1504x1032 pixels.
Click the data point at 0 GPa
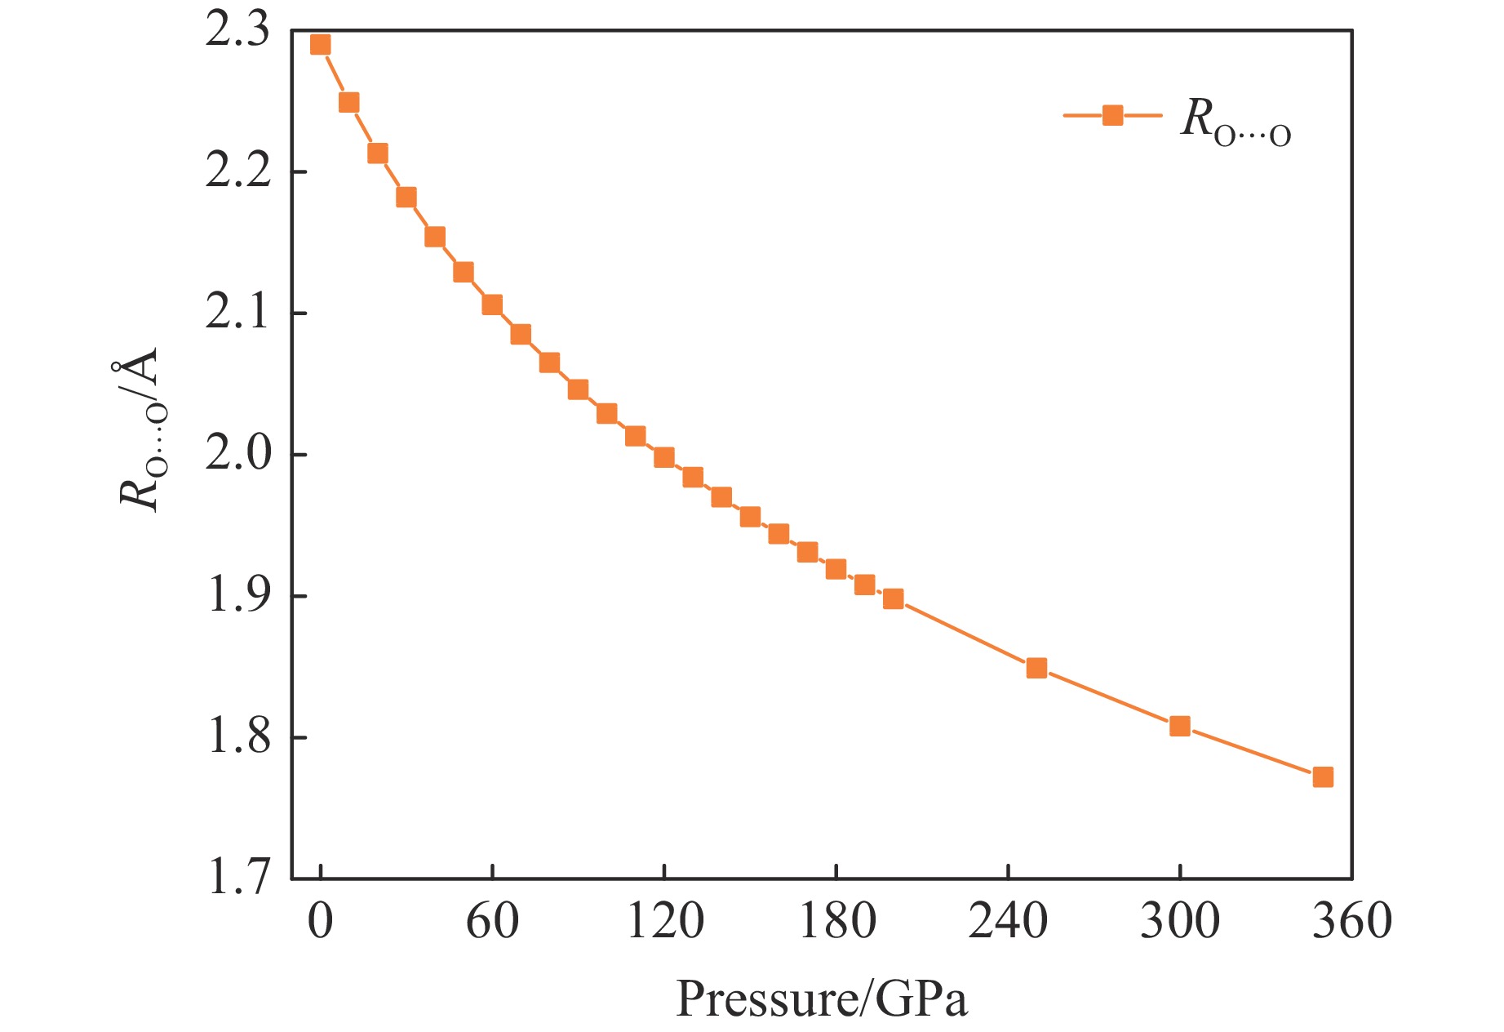pos(321,45)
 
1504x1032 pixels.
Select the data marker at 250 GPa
pos(1036,668)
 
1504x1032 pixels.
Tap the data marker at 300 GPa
pos(1179,726)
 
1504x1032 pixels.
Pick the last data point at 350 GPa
pos(1323,776)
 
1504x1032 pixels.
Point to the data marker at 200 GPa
pos(894,598)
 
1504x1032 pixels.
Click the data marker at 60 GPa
pos(492,305)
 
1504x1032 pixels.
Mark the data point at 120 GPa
pos(664,457)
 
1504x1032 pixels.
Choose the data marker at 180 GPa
pos(836,569)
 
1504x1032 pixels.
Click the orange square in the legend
pos(1112,115)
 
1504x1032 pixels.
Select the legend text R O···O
pos(1236,120)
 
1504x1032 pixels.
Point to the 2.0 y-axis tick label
pos(237,454)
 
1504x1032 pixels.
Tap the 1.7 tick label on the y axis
pos(237,879)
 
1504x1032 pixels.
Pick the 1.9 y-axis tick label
pos(237,595)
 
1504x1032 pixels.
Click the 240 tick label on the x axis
pos(1008,922)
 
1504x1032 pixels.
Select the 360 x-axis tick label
pos(1351,922)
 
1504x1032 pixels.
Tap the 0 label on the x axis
pos(321,922)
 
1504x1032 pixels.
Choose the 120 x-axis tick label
pos(664,922)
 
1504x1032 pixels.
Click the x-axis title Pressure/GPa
pos(822,999)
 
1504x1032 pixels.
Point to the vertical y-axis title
pos(140,429)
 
